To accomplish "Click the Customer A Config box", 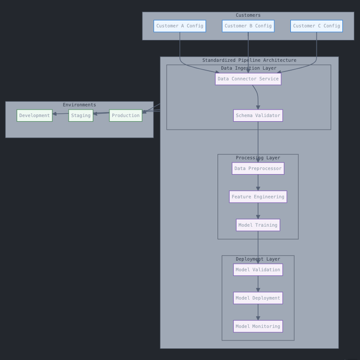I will (x=180, y=26).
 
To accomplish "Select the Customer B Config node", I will (x=248, y=26).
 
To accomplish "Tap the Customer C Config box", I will (x=316, y=26).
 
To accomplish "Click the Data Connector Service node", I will (x=248, y=79).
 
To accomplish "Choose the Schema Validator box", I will (x=258, y=116).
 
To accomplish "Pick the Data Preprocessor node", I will (x=258, y=169).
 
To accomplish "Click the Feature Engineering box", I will (x=258, y=197).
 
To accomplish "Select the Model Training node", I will (x=258, y=225).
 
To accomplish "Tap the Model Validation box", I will (x=258, y=270).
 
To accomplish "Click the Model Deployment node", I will (x=258, y=298).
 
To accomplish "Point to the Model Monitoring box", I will (x=258, y=327).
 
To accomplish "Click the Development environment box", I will (x=34, y=116).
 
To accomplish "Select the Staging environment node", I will (x=81, y=116).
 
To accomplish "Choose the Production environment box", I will (x=126, y=116).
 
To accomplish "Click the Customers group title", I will (x=248, y=15).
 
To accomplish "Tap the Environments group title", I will (x=79, y=105).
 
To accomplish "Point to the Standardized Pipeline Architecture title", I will (x=249, y=60).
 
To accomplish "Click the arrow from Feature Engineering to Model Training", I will (x=258, y=211).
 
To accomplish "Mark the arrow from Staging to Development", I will (x=61, y=114).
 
